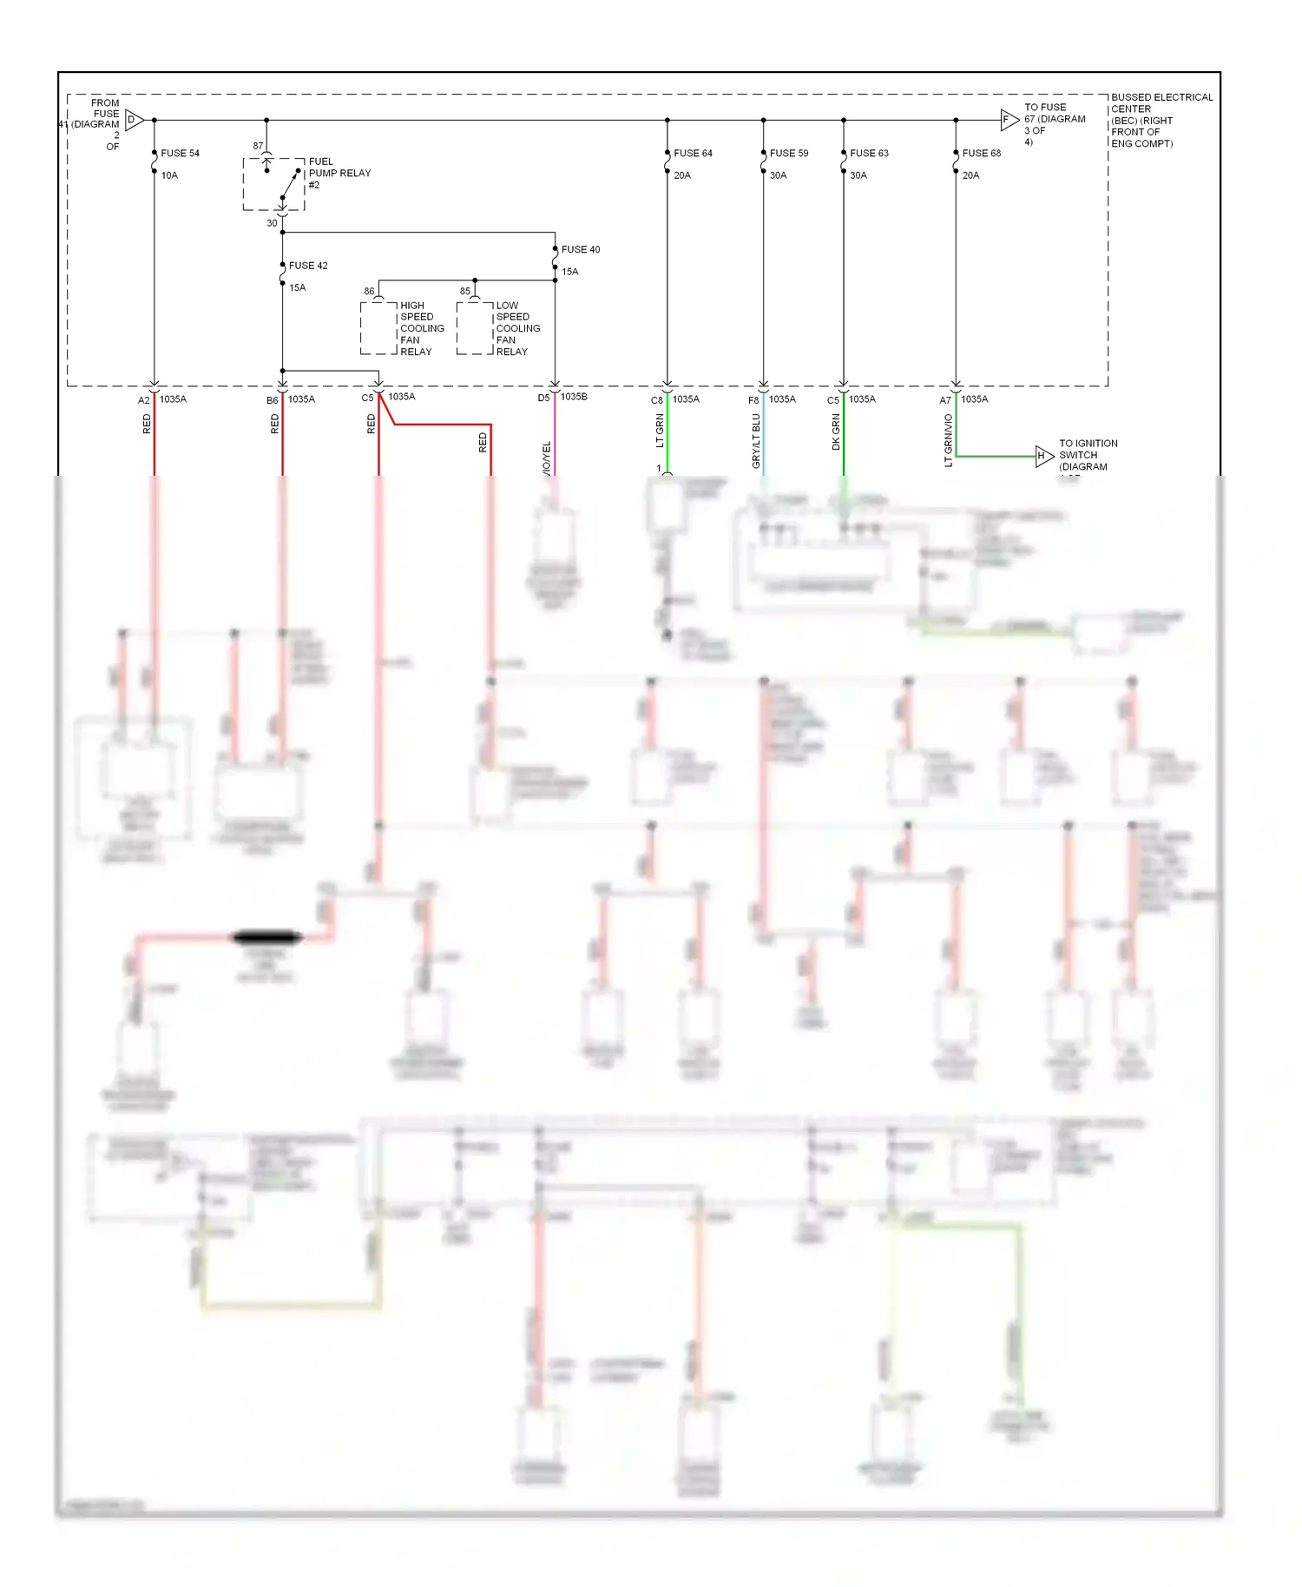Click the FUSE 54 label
pos(180,153)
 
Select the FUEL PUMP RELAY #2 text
pos(339,173)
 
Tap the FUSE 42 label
pos(308,266)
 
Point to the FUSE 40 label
pos(581,249)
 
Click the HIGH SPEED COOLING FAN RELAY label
pos(421,328)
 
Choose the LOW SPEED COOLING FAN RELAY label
pos(517,328)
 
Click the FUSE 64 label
pos(693,153)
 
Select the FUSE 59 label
pos(788,153)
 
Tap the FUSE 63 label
pos(869,153)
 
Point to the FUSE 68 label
pos(981,153)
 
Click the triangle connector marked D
pos(134,120)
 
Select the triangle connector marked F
pos(1008,120)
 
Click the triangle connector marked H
pos(1043,455)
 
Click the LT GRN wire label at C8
pos(660,431)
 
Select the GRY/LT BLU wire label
pos(756,441)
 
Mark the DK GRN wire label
pos(836,431)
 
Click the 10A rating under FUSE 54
pos(169,175)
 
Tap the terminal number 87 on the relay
pos(258,146)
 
